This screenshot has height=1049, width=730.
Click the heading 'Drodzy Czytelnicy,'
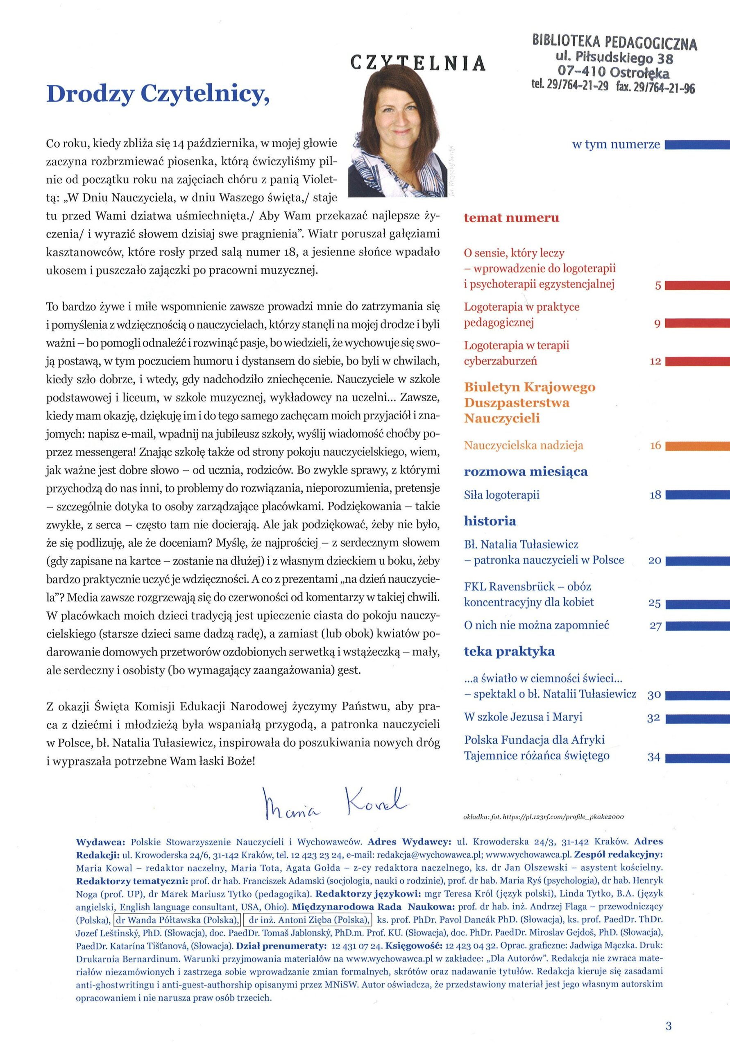click(156, 94)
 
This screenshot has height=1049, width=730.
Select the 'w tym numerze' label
click(616, 145)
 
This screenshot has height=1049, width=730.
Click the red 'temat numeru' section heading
click(511, 218)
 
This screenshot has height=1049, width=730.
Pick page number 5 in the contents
click(658, 286)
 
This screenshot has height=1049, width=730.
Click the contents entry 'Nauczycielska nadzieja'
click(524, 445)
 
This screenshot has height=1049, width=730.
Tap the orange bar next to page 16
click(697, 446)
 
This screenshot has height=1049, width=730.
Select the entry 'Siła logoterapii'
click(501, 495)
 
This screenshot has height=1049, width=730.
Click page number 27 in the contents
click(655, 626)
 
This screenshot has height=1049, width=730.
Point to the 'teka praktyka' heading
click(509, 652)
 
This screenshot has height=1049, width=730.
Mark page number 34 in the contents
click(654, 757)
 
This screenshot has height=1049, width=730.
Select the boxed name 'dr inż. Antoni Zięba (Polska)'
click(308, 920)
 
